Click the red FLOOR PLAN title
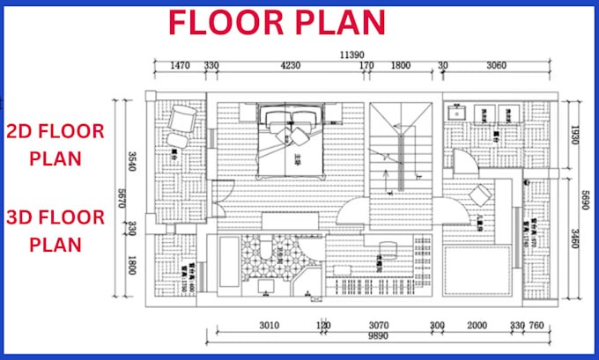[277, 23]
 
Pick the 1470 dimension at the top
[180, 64]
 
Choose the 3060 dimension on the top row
[497, 64]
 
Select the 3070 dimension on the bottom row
[380, 324]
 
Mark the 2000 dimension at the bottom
[476, 324]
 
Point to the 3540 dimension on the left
[133, 160]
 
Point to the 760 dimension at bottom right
[536, 324]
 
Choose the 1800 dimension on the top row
[400, 64]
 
